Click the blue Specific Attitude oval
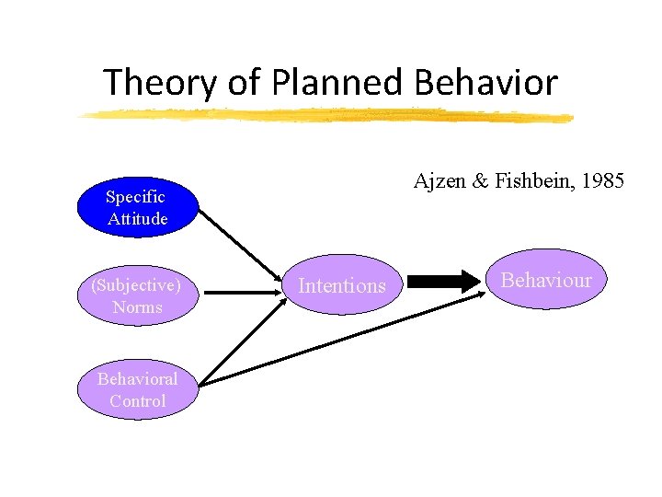point(137,207)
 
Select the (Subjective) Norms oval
point(137,295)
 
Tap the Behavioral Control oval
point(137,389)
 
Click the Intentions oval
point(342,285)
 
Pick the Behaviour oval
point(547,280)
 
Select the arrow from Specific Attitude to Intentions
point(241,248)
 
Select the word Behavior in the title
point(485,83)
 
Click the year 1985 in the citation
point(603,181)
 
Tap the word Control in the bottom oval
point(137,401)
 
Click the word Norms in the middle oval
point(137,307)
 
